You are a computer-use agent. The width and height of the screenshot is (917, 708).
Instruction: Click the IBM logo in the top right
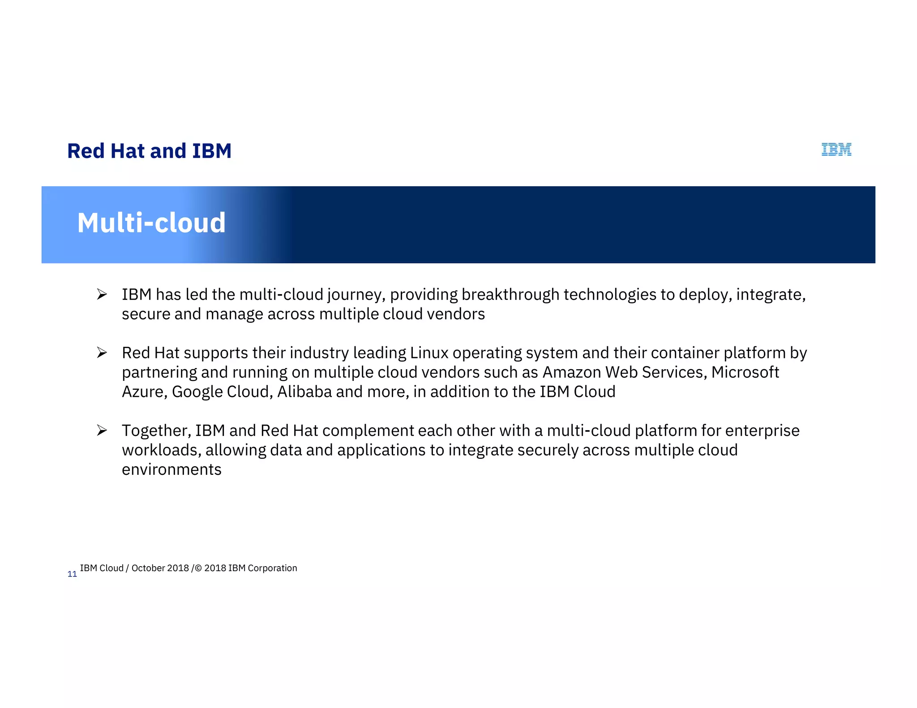coord(836,149)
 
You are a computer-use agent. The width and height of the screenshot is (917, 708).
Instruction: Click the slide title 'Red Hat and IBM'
coord(149,151)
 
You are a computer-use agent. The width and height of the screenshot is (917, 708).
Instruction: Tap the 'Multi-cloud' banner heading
coord(151,223)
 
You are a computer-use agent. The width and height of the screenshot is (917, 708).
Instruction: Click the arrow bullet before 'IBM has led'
coord(102,294)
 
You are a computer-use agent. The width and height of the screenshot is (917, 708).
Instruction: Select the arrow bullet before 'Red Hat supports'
coord(102,353)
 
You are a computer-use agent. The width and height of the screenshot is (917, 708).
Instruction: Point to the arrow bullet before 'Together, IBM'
coord(102,431)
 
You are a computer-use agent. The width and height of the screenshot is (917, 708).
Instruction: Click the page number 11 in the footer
coord(72,574)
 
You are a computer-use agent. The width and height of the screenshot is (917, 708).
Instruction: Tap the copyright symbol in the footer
coord(199,568)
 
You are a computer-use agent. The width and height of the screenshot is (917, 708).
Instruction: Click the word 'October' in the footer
coord(148,568)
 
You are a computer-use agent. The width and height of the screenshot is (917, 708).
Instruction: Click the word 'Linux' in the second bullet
coord(429,353)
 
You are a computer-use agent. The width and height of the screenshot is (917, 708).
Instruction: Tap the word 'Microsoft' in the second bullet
coord(745,372)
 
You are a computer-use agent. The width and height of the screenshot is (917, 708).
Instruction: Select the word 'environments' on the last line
coord(171,469)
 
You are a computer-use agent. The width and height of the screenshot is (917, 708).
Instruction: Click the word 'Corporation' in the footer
coord(272,568)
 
